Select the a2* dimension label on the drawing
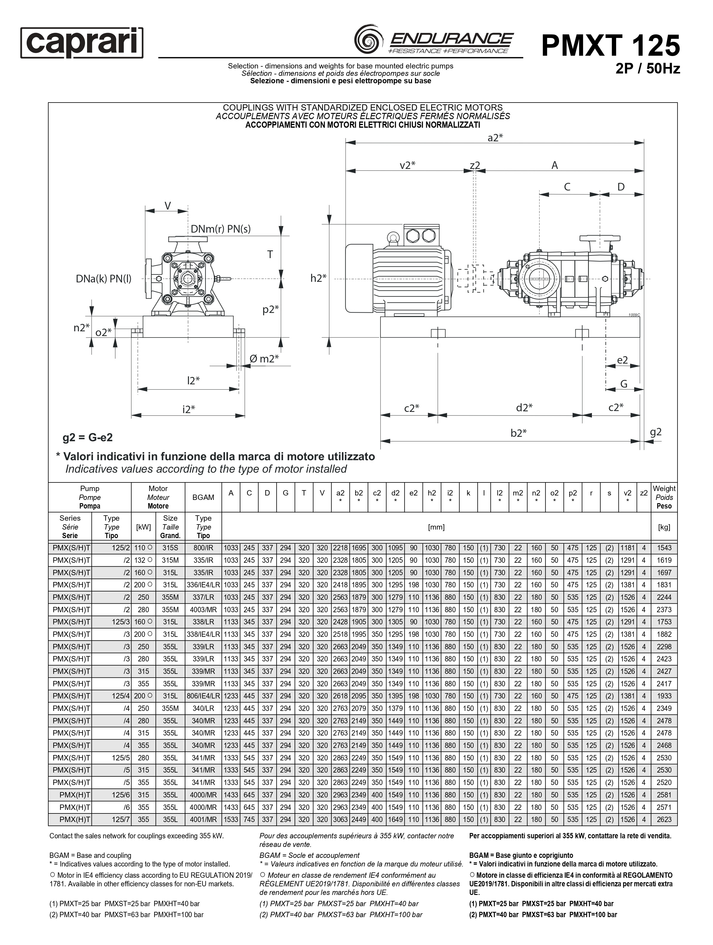495,137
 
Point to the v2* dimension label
407,165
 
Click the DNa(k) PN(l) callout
103,279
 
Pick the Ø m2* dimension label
264,359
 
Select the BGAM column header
203,497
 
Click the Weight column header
664,497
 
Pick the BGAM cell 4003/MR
203,610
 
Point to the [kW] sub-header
143,527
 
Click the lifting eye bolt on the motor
392,238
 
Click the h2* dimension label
318,279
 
